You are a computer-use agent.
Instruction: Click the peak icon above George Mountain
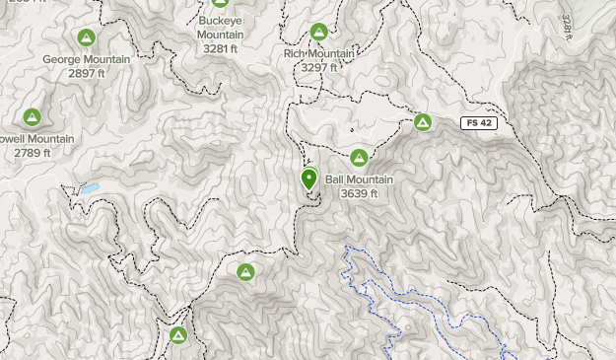(87, 38)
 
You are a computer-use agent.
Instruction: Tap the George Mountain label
(87, 59)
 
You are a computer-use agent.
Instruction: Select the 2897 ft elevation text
(87, 74)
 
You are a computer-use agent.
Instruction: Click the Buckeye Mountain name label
(221, 28)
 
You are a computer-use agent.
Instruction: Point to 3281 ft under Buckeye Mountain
(221, 48)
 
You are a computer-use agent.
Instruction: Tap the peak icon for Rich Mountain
(318, 33)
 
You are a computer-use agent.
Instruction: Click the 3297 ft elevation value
(319, 68)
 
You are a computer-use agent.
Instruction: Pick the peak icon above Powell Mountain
(33, 117)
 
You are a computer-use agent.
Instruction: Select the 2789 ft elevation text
(33, 153)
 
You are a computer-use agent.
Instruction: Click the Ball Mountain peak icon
(359, 158)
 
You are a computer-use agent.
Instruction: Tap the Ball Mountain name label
(359, 180)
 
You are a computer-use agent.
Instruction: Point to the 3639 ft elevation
(359, 193)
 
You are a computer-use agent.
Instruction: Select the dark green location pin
(308, 179)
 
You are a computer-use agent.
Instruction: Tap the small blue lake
(90, 187)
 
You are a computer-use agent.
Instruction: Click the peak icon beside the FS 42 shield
(423, 122)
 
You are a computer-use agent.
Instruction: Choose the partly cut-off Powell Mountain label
(35, 139)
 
